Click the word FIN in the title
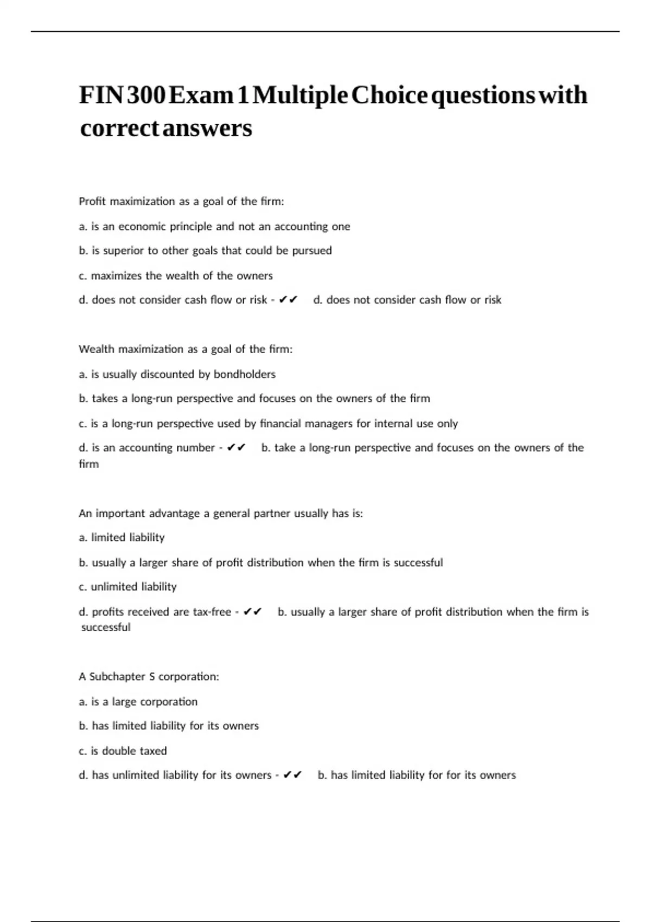tap(101, 95)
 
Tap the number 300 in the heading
tap(146, 95)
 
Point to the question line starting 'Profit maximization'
tap(181, 202)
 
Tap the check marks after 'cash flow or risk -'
tap(288, 300)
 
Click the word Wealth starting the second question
tap(97, 349)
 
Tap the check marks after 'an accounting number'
tap(237, 448)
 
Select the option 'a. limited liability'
tap(122, 537)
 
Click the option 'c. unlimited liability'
tap(127, 587)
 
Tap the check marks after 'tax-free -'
tap(253, 612)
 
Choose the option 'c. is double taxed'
tap(123, 751)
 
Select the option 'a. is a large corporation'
tap(138, 702)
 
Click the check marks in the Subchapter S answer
tap(293, 775)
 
